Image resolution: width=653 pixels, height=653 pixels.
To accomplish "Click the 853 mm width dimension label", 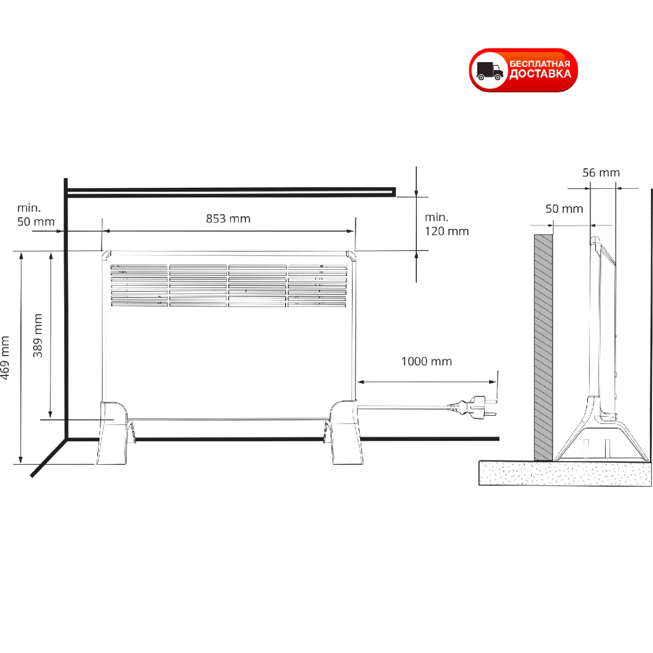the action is click(x=228, y=219).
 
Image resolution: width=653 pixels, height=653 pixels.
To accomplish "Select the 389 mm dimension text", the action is click(x=38, y=336).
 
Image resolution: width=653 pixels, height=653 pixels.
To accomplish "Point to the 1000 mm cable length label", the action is click(x=426, y=361).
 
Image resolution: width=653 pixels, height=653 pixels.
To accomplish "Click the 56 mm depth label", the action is click(x=601, y=173).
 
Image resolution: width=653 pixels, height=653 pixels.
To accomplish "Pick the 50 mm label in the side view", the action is click(x=564, y=209).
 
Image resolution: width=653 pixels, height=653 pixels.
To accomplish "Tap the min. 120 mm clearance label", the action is click(x=447, y=224).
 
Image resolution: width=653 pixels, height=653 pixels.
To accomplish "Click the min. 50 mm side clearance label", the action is click(x=36, y=215).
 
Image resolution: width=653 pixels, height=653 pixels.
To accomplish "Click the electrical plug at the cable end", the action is click(x=473, y=405).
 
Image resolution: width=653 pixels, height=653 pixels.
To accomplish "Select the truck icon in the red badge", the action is click(x=489, y=71).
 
